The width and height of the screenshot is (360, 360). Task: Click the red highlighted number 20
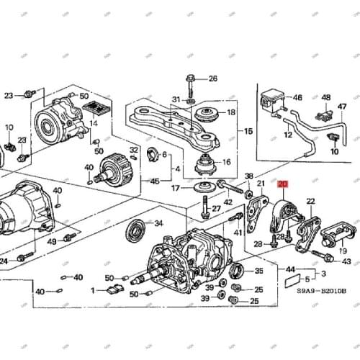283,185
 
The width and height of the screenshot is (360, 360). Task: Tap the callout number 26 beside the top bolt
213,78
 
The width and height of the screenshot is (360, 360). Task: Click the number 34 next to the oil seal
159,223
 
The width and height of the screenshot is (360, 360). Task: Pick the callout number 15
249,131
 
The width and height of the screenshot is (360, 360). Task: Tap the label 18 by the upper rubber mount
230,113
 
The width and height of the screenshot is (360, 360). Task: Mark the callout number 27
216,210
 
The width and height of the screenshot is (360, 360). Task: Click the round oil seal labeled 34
135,230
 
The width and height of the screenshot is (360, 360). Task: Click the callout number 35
259,271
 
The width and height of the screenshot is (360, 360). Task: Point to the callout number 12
288,134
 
